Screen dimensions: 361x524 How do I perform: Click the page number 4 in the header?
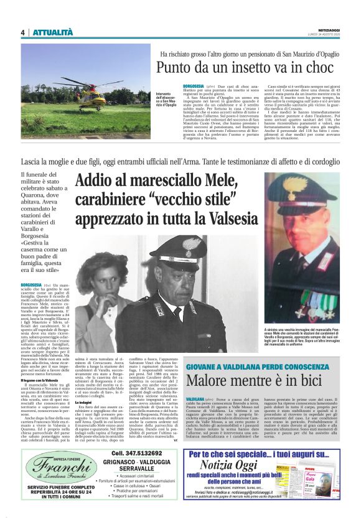[x=23, y=32]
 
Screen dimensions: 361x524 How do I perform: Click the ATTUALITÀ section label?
[x=53, y=32]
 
